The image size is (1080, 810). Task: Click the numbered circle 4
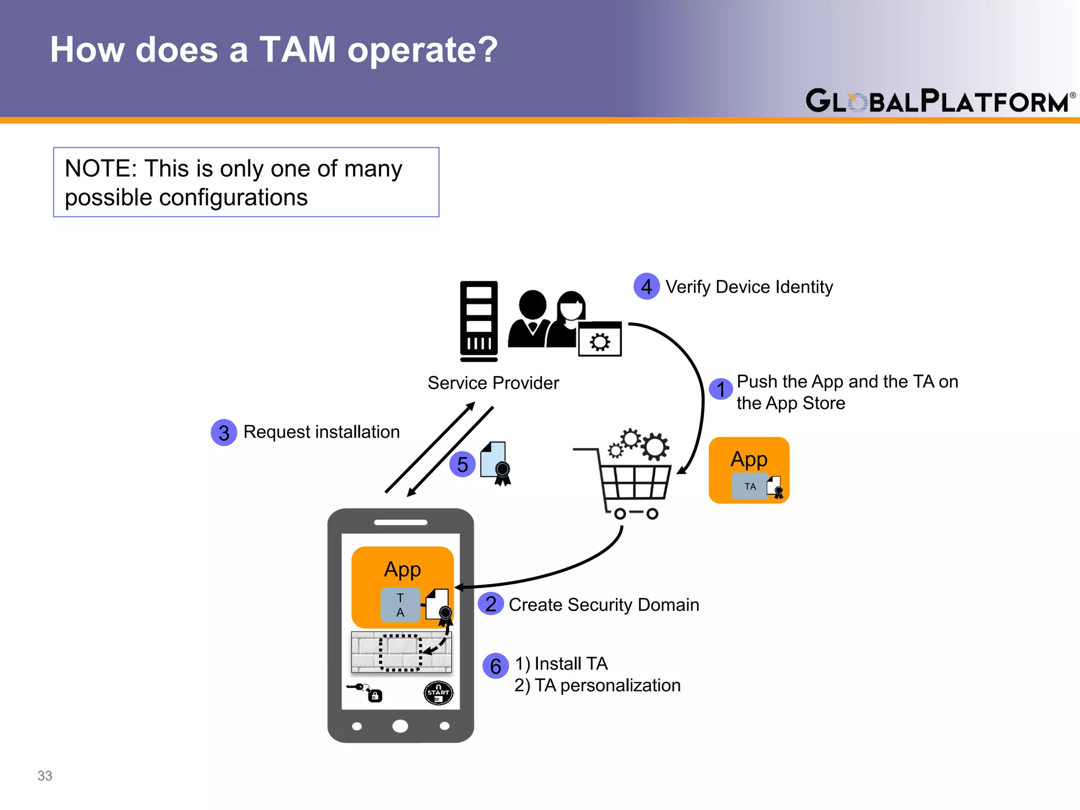pos(646,286)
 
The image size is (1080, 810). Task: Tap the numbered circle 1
pos(720,390)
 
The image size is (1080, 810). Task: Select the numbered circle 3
pos(224,432)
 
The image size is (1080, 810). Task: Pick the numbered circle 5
pos(462,465)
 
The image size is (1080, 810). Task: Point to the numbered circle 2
pos(490,604)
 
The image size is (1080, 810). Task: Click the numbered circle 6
pos(495,666)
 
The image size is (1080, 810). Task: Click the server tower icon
pos(479,321)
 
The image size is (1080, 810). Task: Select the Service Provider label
pos(493,383)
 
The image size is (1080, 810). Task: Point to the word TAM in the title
pos(297,50)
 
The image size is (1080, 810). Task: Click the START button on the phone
pos(438,693)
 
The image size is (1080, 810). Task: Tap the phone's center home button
pos(400,726)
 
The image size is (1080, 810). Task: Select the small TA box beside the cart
pos(750,486)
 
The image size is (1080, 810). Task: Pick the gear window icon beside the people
pos(600,340)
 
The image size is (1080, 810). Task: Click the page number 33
pos(45,776)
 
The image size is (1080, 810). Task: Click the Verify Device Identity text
pos(749,287)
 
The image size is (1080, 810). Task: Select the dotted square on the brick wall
pos(400,652)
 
